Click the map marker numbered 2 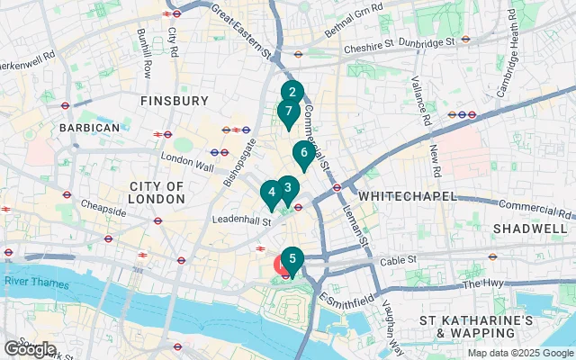click(291, 92)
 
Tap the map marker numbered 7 click(288, 112)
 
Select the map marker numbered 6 click(304, 153)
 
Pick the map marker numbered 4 click(271, 192)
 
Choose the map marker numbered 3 click(287, 188)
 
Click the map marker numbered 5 click(292, 259)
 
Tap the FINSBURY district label click(175, 101)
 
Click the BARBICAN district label click(88, 129)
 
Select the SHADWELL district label click(530, 229)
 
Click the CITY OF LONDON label click(157, 193)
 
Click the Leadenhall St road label click(240, 220)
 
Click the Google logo click(30, 348)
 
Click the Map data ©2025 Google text click(519, 353)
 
